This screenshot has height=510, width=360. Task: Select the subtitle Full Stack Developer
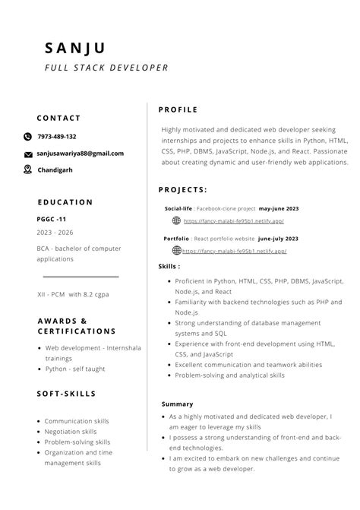[x=106, y=68]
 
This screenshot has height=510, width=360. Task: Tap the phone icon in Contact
[x=28, y=137]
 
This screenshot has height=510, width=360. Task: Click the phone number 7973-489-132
[x=57, y=137]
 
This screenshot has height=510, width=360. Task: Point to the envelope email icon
[x=28, y=154]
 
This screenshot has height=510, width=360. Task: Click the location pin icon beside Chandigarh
[x=28, y=169]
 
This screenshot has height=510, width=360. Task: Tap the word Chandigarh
[x=55, y=170]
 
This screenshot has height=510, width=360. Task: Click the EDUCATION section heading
[x=65, y=202]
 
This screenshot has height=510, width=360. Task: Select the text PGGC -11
[x=52, y=218]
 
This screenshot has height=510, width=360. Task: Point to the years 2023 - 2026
[x=55, y=233]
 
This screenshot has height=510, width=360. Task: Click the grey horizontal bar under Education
[x=81, y=277]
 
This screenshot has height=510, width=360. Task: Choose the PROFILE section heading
[x=178, y=109]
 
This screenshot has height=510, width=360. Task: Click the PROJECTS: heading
[x=182, y=190]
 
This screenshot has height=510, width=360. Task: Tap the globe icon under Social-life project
[x=176, y=220]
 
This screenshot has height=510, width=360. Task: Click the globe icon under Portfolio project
[x=176, y=250]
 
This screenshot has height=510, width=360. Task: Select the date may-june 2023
[x=279, y=207]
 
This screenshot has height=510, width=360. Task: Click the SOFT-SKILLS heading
[x=66, y=394]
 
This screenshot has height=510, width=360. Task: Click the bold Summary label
[x=177, y=404]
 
